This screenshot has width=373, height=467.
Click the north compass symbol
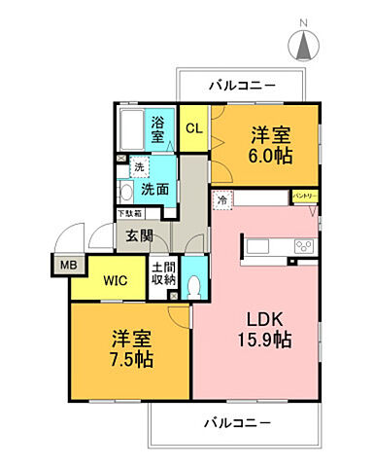pyautogui.click(x=302, y=45)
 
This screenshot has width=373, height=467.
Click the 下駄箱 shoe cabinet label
pyautogui.click(x=129, y=212)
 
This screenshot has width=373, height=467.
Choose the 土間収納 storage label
pyautogui.click(x=163, y=274)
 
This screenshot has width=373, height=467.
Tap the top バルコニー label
pyautogui.click(x=244, y=85)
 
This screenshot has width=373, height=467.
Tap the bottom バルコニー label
pyautogui.click(x=238, y=423)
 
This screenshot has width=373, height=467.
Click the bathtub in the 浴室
pyautogui.click(x=131, y=128)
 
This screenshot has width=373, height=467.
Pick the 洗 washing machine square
pyautogui.click(x=139, y=167)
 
